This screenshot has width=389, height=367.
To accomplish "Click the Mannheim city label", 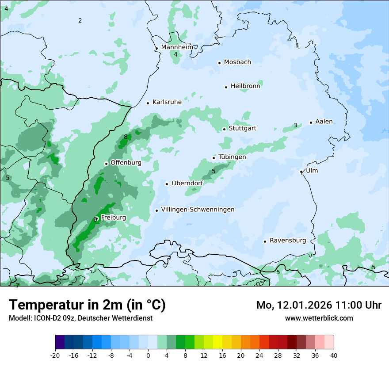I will click(177, 47).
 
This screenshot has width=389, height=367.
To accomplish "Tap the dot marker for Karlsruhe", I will click(148, 103).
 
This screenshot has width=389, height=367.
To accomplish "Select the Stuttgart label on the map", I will click(242, 129).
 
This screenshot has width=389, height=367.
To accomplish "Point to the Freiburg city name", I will click(113, 218).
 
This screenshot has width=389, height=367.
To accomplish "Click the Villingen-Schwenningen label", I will click(198, 210).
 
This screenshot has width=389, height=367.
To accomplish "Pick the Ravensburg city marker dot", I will click(265, 241).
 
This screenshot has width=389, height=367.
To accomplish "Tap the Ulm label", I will click(312, 171).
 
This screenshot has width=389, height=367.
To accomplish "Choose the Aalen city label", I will click(324, 122).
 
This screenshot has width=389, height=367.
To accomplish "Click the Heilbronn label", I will click(245, 86).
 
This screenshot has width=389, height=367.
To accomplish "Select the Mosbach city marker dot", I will click(219, 63).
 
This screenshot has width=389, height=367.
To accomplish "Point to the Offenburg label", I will click(126, 163).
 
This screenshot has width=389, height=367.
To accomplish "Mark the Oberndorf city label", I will click(187, 183).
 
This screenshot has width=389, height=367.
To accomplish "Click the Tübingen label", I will click(232, 157).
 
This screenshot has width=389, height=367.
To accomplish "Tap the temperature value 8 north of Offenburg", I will click(126, 137).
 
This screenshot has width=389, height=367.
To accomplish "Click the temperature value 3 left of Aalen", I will click(295, 126).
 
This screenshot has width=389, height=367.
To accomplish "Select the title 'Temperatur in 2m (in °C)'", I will click(87, 305).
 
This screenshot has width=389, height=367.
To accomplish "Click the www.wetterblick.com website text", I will click(319, 318).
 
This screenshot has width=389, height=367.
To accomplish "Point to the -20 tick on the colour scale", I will click(55, 355).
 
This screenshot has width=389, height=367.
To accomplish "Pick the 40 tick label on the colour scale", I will click(334, 355).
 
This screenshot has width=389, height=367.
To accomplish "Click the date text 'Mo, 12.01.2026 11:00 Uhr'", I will click(319, 305).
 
